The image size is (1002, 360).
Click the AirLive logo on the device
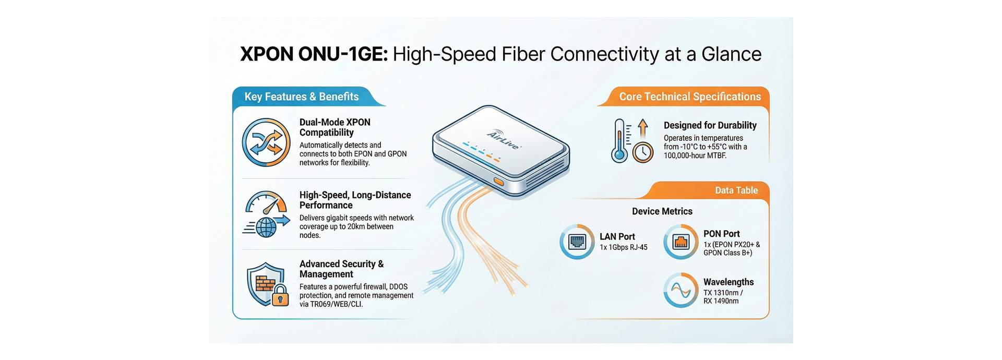coord(504,140)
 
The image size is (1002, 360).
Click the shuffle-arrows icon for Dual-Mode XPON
coord(266,142)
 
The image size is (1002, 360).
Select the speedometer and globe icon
coord(267,214)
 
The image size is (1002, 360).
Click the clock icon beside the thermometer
coord(643,152)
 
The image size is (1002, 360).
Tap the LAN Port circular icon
coord(577,242)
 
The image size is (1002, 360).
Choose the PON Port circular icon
coord(681,242)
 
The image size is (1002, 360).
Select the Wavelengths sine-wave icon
coord(681,290)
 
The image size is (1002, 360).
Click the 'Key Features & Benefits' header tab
coord(302,97)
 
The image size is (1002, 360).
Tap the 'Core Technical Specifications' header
coord(690,97)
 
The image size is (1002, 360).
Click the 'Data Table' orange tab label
coord(736,190)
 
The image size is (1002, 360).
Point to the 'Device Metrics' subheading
coord(662,211)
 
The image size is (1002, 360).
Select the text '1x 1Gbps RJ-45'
coord(623,247)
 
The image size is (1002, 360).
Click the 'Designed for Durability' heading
coord(710,125)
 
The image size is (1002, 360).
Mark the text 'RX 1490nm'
coord(721,301)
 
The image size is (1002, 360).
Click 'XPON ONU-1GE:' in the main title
coord(314,54)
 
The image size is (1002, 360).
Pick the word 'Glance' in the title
coord(731,54)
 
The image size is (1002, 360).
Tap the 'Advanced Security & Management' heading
coord(341,269)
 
